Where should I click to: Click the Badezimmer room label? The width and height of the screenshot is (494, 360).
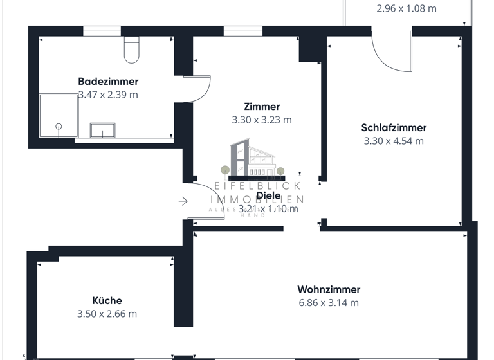(x=108, y=82)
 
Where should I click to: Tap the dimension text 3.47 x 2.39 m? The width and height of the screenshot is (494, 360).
(x=108, y=94)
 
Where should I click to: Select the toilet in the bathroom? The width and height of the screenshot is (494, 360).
(x=131, y=50)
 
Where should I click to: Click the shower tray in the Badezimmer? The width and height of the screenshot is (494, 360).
(x=58, y=116)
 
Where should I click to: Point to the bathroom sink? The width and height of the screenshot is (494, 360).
(x=102, y=130)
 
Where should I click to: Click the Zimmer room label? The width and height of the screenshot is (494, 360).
(x=262, y=107)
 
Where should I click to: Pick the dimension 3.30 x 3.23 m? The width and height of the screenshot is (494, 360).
(x=262, y=120)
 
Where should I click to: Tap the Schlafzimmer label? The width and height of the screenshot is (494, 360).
(x=394, y=128)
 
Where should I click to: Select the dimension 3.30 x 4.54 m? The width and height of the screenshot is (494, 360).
(x=394, y=141)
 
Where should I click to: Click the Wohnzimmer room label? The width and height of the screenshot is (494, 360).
(x=329, y=290)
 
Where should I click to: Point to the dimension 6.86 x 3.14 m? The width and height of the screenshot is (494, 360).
(x=329, y=303)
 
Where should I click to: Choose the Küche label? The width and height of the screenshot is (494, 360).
(x=107, y=301)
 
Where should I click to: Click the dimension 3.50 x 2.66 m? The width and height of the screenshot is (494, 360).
(x=107, y=314)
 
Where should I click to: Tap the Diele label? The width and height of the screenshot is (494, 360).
(x=268, y=196)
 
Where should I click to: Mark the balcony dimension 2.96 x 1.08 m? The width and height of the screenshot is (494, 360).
(x=406, y=9)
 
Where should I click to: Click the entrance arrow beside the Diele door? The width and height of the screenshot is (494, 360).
(x=183, y=202)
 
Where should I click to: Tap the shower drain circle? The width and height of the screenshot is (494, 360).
(x=59, y=126)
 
